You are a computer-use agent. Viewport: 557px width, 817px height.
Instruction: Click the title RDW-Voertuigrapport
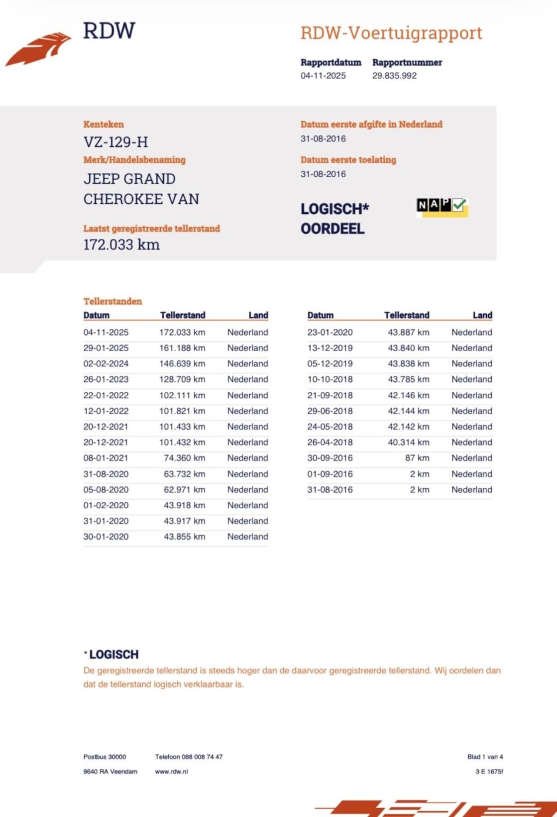[391, 33]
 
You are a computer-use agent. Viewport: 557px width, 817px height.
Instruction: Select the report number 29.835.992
[394, 76]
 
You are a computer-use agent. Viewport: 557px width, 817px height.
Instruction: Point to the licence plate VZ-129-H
[116, 142]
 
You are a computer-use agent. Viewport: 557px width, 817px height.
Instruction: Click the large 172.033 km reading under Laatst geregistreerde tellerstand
[121, 245]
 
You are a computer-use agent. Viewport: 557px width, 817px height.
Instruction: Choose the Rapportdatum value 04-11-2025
[323, 76]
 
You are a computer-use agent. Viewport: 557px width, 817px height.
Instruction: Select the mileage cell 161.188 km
[182, 348]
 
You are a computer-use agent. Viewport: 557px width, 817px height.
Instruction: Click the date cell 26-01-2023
[106, 380]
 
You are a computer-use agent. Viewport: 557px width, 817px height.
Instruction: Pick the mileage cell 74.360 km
[184, 458]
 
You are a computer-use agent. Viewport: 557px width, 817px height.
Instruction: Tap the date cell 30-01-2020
[106, 537]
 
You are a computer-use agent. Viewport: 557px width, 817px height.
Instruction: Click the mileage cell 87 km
[417, 458]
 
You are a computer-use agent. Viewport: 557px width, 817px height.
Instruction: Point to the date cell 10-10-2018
[330, 380]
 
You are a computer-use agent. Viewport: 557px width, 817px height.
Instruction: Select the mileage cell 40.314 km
[408, 442]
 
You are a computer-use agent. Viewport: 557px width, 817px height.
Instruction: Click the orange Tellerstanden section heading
[113, 301]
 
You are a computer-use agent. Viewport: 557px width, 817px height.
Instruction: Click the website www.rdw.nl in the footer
[171, 772]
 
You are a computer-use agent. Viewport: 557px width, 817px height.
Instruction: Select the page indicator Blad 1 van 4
[485, 757]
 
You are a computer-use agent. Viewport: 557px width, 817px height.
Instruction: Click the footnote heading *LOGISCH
[111, 655]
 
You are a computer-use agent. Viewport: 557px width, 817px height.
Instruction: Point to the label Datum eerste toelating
[348, 160]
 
